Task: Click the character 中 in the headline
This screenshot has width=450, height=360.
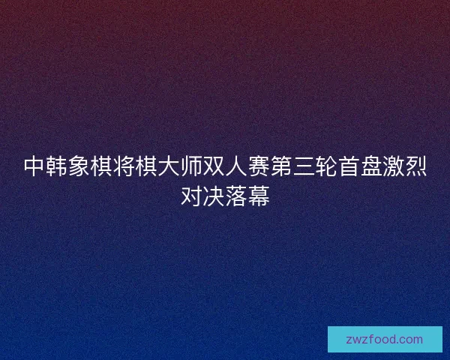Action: [34, 166]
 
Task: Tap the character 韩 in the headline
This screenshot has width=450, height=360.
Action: [56, 166]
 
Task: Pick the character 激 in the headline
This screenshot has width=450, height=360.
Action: [394, 166]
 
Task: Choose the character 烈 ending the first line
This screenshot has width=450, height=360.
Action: [416, 166]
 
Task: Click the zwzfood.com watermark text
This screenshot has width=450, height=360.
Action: [385, 339]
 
